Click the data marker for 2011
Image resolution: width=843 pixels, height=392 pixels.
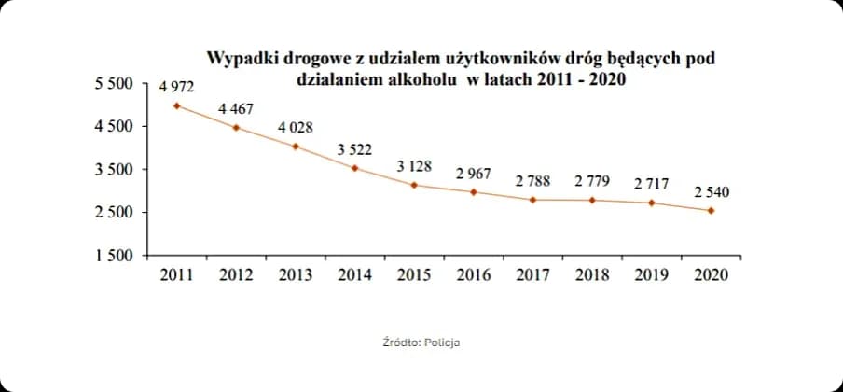177,105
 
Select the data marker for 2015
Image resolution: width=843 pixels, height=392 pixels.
414,185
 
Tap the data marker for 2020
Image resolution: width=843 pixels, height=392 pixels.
712,211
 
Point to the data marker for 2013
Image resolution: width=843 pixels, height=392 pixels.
296,147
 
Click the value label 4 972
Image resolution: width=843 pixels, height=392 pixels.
177,87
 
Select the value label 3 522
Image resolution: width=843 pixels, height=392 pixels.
354,149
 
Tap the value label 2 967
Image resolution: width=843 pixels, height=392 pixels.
473,174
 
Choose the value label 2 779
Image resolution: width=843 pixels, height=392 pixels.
592,180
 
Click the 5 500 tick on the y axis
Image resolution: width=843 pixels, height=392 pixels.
115,84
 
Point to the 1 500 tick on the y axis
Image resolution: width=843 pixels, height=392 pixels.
115,256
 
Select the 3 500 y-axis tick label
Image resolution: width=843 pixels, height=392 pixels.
115,170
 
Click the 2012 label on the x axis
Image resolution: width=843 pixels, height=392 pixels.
236,275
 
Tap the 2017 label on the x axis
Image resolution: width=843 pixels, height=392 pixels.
532,275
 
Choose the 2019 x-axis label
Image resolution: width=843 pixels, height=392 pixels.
651,275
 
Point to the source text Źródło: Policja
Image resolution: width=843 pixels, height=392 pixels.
421,343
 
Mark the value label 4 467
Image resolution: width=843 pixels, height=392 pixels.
236,109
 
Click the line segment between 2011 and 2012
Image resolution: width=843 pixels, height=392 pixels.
206,117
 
